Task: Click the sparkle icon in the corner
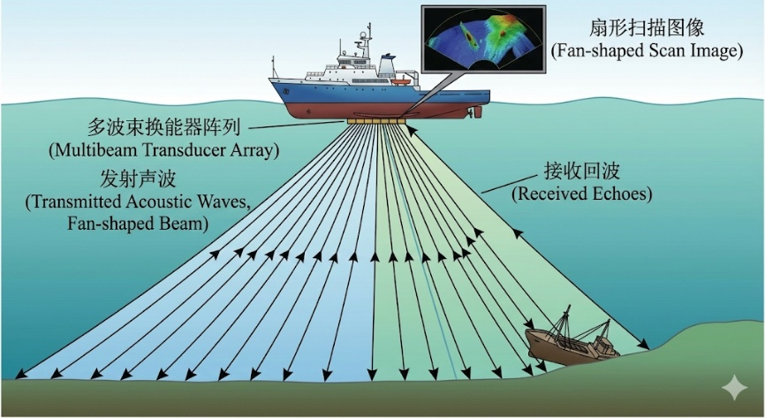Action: pos(733,387)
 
